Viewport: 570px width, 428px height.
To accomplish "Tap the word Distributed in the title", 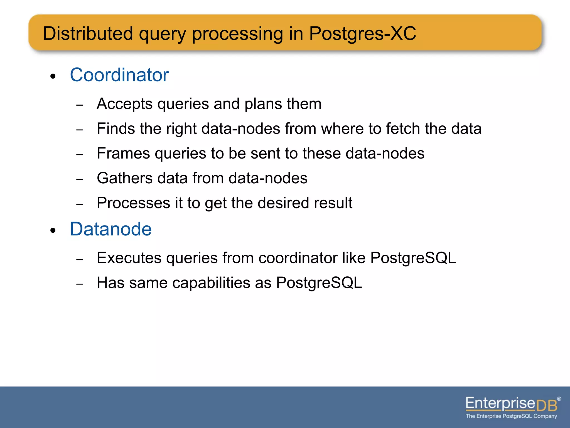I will pos(88,34).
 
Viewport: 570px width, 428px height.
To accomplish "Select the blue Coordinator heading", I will pos(119,75).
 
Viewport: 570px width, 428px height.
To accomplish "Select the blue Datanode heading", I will pos(110,229).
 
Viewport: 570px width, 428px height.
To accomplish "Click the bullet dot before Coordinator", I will pos(53,76).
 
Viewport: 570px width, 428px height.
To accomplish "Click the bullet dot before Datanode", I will pos(53,230).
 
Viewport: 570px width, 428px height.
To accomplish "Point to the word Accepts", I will pos(124,104).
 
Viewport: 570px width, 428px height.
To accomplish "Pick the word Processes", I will pos(133,203).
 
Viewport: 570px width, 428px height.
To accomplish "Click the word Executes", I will pos(129,258).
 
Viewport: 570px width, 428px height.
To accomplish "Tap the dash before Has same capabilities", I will pos(80,284).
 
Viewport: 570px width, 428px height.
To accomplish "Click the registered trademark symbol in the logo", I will pos(559,399).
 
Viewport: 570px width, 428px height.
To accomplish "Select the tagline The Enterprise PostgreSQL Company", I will pos(511,416).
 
